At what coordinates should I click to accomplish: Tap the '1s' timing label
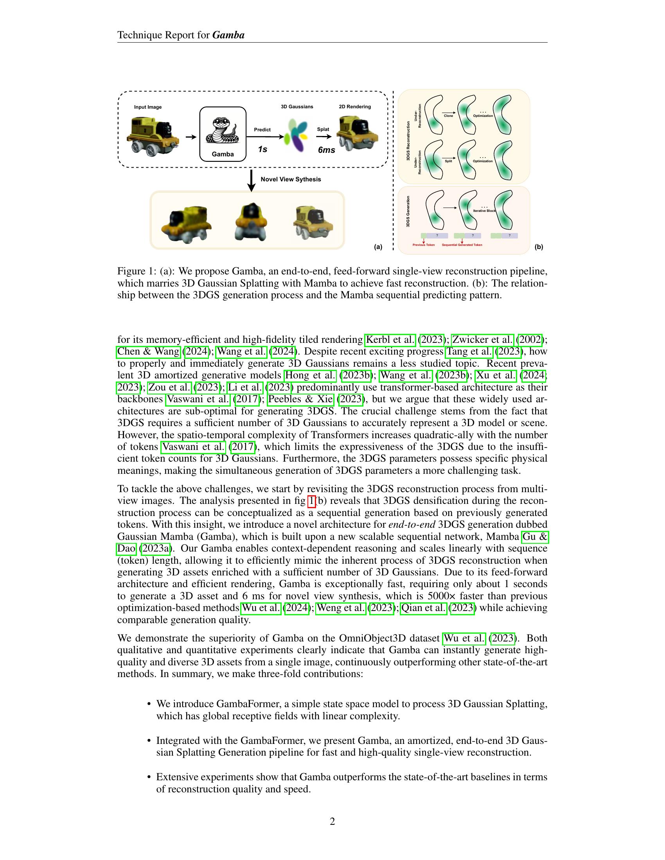tap(262, 149)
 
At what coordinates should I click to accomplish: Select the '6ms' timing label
tap(326, 150)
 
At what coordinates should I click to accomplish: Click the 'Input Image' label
tap(148, 107)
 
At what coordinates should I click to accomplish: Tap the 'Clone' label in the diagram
tap(448, 116)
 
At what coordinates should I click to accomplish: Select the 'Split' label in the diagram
tap(448, 161)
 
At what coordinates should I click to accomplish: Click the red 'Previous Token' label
tap(424, 245)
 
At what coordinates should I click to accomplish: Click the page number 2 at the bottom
tap(332, 821)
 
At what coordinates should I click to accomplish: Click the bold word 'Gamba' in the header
tap(228, 35)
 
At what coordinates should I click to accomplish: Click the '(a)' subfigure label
tap(378, 247)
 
